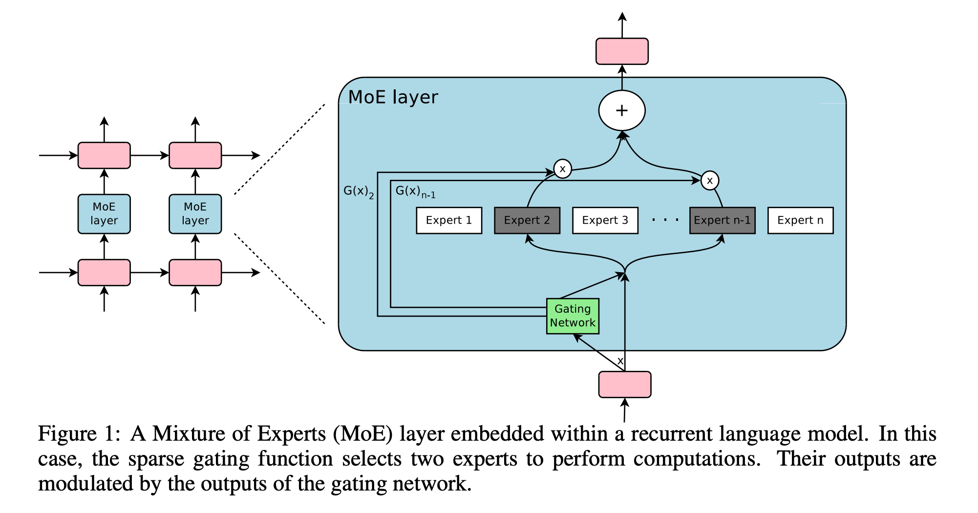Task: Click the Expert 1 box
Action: click(x=448, y=220)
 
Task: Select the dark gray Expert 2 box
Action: click(x=527, y=220)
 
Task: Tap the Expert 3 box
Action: click(x=605, y=220)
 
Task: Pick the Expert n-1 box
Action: click(x=722, y=220)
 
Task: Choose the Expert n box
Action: click(x=800, y=220)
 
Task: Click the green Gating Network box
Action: click(x=573, y=316)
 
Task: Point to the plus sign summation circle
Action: click(x=622, y=110)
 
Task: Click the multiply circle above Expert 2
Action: click(x=563, y=169)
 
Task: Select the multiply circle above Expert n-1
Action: click(x=710, y=181)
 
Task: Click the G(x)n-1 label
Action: click(x=415, y=192)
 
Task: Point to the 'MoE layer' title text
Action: click(x=393, y=97)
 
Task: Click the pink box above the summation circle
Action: click(x=622, y=51)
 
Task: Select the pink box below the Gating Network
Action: click(x=625, y=385)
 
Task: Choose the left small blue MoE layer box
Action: click(x=104, y=214)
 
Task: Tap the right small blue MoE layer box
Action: click(x=195, y=214)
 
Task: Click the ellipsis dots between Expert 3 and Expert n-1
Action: click(x=665, y=220)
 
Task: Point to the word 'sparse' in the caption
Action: click(x=156, y=459)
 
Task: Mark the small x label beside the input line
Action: click(x=620, y=361)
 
